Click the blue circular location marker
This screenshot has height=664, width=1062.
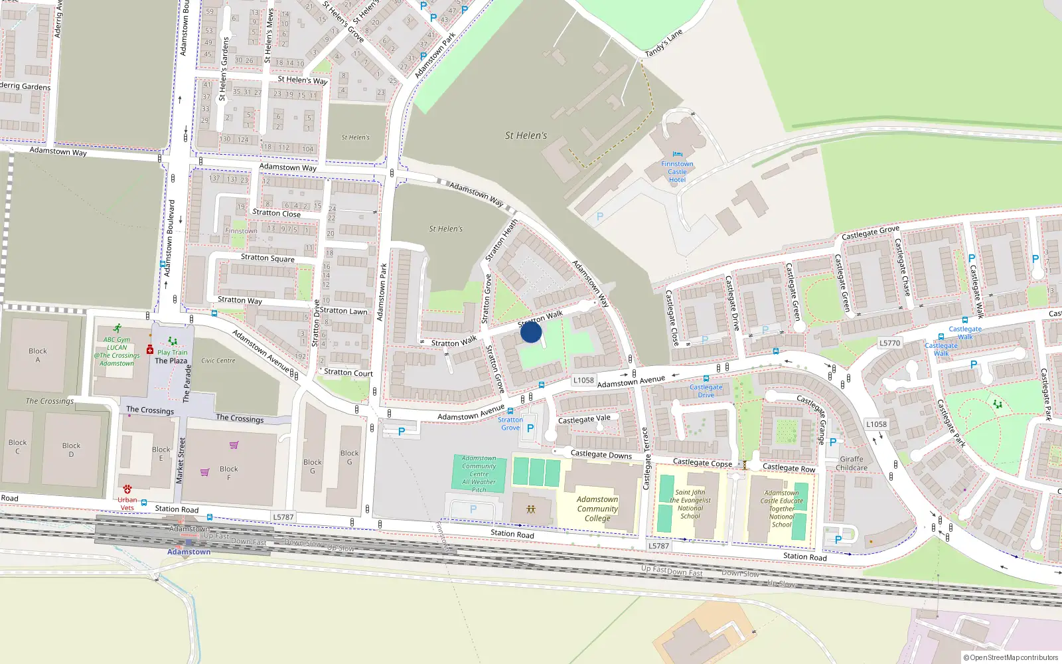(x=531, y=332)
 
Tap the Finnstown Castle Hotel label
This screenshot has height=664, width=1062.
(x=677, y=172)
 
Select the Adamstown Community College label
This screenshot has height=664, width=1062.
(x=597, y=509)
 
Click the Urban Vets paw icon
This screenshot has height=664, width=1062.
(x=127, y=489)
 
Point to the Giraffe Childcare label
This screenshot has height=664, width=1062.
(x=852, y=463)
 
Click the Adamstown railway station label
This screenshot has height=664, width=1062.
(x=189, y=552)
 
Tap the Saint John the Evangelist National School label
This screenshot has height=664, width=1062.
(x=690, y=505)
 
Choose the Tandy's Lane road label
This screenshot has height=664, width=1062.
(x=664, y=44)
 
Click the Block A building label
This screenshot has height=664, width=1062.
(x=38, y=355)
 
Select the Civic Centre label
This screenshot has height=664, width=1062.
(x=218, y=361)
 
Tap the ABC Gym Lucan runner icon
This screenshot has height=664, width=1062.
(x=117, y=328)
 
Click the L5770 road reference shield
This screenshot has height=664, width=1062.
(x=889, y=343)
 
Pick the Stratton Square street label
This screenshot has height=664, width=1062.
(x=267, y=258)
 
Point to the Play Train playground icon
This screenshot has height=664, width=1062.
(x=173, y=341)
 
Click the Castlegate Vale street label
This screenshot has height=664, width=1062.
(x=584, y=419)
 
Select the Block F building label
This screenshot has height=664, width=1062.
(x=229, y=473)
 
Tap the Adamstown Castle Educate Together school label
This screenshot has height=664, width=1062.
(x=781, y=509)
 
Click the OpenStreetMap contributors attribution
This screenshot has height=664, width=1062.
(x=1011, y=657)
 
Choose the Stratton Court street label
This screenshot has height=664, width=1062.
(x=348, y=373)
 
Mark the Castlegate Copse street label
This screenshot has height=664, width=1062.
(x=702, y=463)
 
